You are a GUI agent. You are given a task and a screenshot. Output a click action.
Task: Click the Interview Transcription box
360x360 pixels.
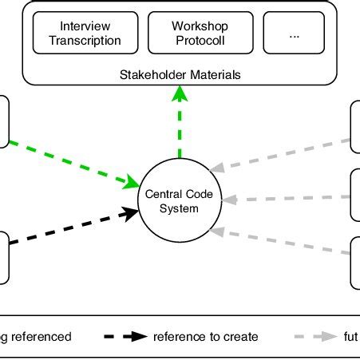(85, 33)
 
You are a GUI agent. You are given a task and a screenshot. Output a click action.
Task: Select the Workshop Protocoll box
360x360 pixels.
(200, 33)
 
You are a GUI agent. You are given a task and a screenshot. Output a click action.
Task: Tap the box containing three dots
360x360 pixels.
(295, 33)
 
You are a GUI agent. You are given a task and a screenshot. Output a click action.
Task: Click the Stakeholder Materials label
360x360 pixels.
(180, 76)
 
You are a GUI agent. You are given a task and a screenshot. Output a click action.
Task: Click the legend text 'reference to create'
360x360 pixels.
(207, 337)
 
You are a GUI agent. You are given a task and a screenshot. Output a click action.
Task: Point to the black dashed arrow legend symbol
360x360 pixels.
(128, 337)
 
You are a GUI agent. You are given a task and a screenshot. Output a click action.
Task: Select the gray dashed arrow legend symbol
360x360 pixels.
(316, 337)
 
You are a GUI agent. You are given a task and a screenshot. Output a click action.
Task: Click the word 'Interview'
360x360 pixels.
(85, 26)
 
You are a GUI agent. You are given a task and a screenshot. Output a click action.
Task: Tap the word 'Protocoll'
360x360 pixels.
(200, 40)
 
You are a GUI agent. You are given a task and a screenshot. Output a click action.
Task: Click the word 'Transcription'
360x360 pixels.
(85, 40)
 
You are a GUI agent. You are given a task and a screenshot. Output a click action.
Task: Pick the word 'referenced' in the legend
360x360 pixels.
(43, 337)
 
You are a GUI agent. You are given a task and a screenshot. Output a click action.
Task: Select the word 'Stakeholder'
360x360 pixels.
(151, 76)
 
